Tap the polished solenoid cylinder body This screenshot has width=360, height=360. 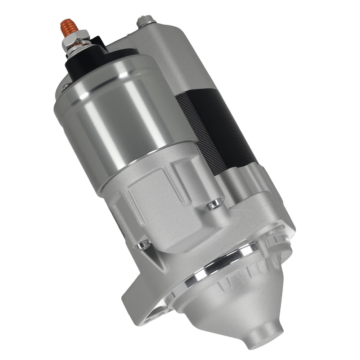pos(119,119)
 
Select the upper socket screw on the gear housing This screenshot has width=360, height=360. pos(215,204)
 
